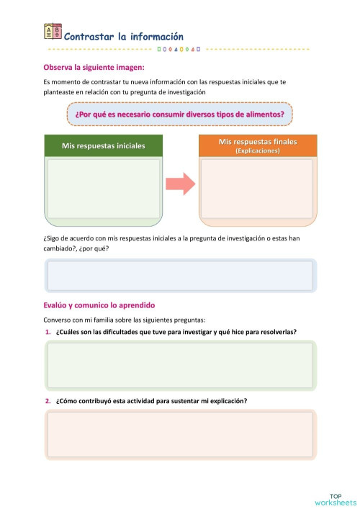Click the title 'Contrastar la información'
pos(124,37)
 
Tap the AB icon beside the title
pos(53,31)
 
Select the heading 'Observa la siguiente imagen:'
pos(94,68)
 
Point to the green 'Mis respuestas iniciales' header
pos(103,145)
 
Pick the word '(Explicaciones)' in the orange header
pos(258,151)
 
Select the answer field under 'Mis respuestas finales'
pos(257,189)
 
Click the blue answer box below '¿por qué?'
pos(180,275)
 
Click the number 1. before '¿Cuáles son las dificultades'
pos(48,332)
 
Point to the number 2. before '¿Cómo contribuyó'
pos(48,401)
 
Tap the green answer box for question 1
pos(180,366)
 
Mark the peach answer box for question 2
pos(180,434)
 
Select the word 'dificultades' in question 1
pos(122,332)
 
